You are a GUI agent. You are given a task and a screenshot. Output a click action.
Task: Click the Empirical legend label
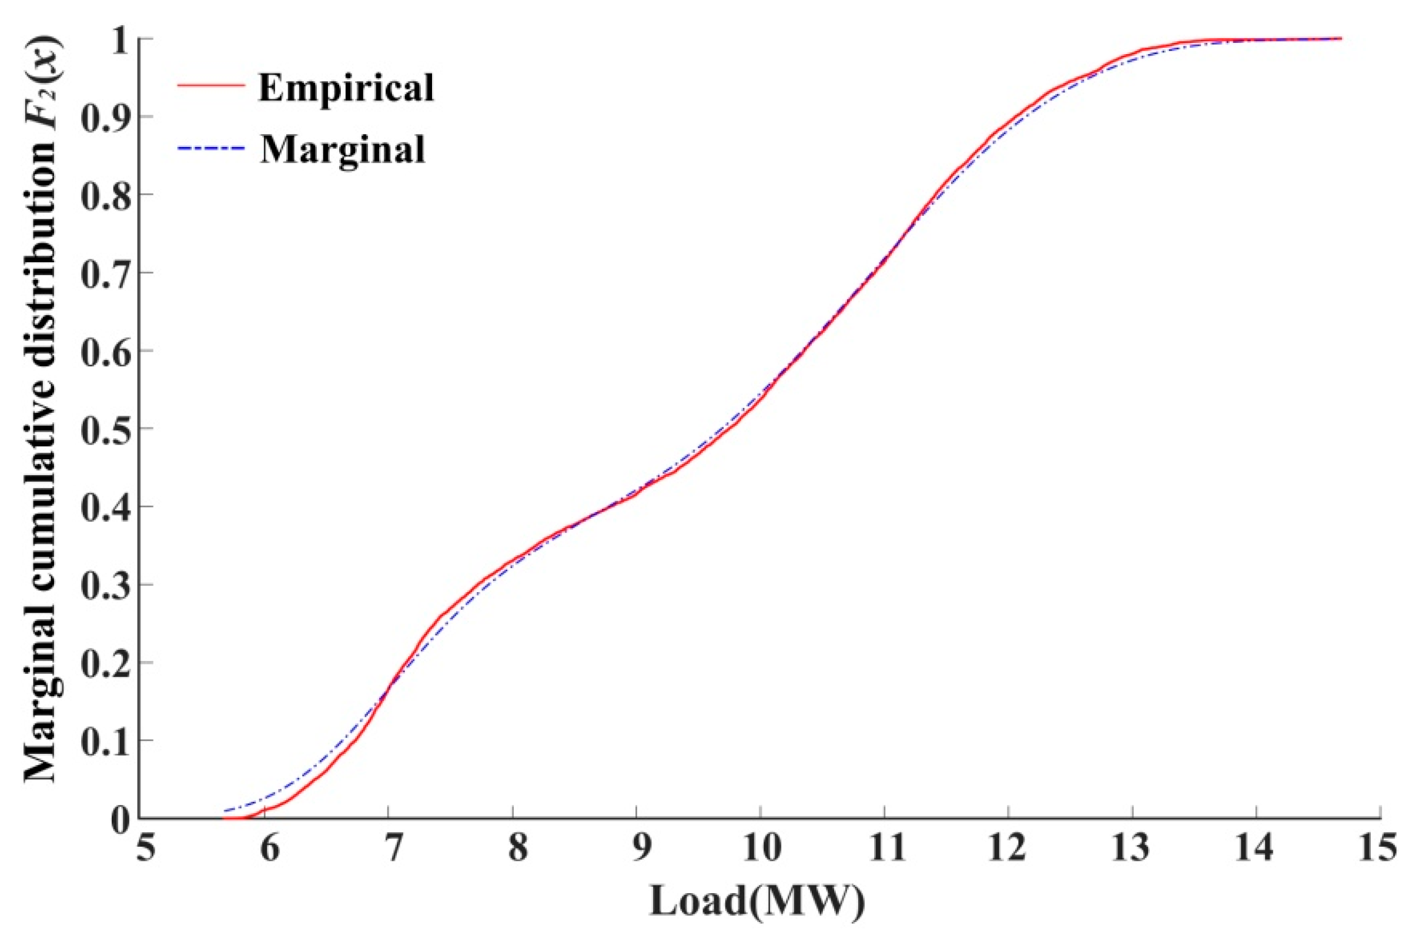pos(345,88)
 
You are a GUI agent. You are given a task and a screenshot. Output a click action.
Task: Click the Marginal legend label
pos(342,149)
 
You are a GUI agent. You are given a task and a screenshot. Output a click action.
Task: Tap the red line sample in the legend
pos(212,86)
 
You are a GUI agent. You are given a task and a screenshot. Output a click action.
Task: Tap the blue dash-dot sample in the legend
pos(212,147)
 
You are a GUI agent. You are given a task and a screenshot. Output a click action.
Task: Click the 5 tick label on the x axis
pos(143,851)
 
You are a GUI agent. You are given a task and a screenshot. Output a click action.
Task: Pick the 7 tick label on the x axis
pos(391,851)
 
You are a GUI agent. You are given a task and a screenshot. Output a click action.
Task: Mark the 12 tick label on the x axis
pos(1009,851)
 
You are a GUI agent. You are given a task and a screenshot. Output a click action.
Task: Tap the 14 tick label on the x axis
pos(1256,851)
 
